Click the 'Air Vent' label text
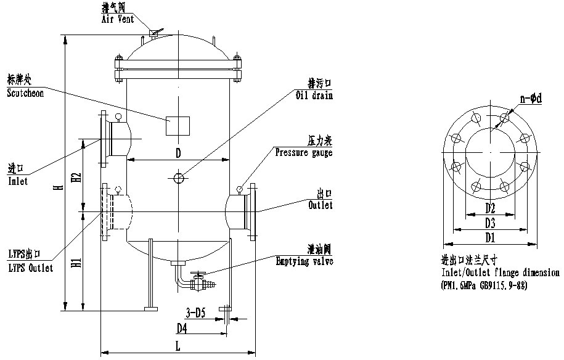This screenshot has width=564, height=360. (118, 20)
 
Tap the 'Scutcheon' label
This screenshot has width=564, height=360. (25, 93)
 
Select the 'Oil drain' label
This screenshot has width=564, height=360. (314, 95)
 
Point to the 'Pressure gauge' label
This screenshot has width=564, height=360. (303, 152)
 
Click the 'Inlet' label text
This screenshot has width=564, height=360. (18, 182)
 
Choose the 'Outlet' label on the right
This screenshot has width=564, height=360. (320, 205)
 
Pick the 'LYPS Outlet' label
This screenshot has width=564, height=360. (30, 268)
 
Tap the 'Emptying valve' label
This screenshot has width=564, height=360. (304, 261)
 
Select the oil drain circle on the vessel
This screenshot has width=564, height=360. (178, 178)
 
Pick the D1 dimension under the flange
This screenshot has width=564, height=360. (490, 237)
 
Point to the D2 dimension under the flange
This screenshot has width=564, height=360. (490, 206)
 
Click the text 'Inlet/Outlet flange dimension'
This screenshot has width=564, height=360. (500, 272)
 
